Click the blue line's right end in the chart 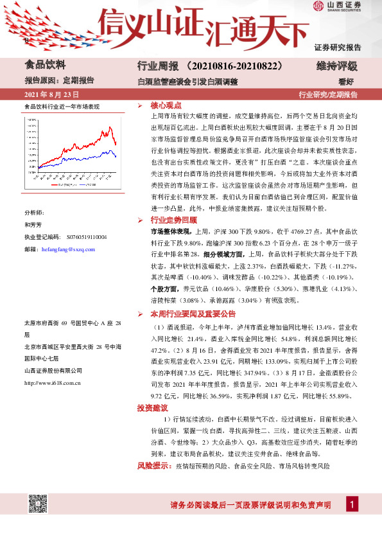click(116, 156)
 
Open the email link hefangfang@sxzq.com click(67, 249)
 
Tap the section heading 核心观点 click(166, 105)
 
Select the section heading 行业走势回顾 click(170, 220)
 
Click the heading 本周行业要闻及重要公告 click(189, 315)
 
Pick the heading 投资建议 click(152, 408)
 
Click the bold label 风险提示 click(154, 464)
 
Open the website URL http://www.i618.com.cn click(51, 383)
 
